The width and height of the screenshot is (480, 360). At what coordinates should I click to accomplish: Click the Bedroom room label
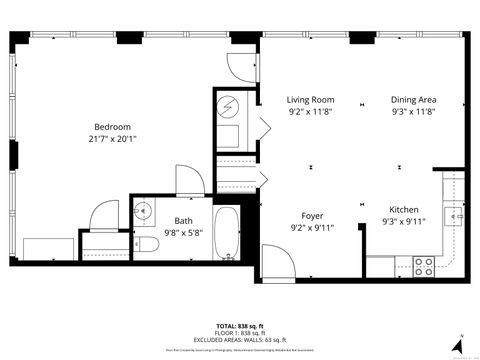click(112, 126)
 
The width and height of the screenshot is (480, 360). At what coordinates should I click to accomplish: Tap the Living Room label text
click(310, 100)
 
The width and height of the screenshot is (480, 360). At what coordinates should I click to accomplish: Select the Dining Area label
click(413, 100)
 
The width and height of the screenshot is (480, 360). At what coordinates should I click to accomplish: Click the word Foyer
click(311, 215)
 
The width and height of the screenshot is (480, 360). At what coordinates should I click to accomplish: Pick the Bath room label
click(183, 221)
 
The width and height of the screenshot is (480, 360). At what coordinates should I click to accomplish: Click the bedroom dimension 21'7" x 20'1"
click(112, 139)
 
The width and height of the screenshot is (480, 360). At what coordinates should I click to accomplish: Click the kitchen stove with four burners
click(423, 266)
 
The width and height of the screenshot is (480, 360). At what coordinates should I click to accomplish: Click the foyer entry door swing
click(277, 262)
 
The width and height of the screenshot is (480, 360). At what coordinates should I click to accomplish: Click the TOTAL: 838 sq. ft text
click(240, 326)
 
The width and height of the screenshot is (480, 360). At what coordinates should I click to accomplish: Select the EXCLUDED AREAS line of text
click(240, 340)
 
